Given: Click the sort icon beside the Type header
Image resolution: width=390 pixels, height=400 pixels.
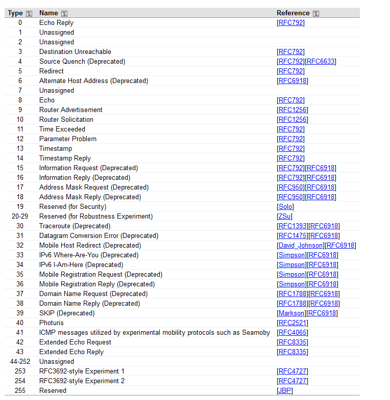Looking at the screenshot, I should point(29,13).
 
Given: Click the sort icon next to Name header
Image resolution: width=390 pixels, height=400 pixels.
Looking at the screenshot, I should point(64,13).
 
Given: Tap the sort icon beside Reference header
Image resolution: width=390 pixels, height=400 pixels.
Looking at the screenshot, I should point(316,13).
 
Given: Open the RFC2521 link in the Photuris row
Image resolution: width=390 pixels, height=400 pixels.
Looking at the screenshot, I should point(292,323).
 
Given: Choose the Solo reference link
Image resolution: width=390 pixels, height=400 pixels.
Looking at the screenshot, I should point(285,207).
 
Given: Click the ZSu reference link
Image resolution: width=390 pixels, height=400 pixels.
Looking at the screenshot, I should point(285,217).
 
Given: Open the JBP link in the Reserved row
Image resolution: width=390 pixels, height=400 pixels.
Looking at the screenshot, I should point(285,391).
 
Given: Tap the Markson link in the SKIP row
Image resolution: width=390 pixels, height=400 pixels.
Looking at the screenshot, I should point(291,313).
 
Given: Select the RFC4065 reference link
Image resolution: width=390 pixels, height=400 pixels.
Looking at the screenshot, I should point(292,333).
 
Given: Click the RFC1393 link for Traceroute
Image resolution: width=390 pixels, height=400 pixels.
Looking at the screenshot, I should point(292,226).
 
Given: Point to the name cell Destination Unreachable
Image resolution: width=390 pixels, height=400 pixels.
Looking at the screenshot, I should point(75,52).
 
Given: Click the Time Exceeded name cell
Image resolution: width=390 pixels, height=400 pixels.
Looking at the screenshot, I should point(62,129).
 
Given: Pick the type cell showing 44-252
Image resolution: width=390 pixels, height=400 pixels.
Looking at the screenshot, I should point(20,362).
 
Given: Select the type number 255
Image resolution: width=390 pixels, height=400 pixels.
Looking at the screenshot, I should point(20,391).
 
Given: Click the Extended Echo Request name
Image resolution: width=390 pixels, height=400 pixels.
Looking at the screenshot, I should point(75,342).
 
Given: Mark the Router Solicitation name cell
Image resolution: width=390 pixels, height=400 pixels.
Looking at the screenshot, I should point(66,120).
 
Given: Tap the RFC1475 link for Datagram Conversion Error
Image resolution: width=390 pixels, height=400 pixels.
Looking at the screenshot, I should point(292,236).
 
